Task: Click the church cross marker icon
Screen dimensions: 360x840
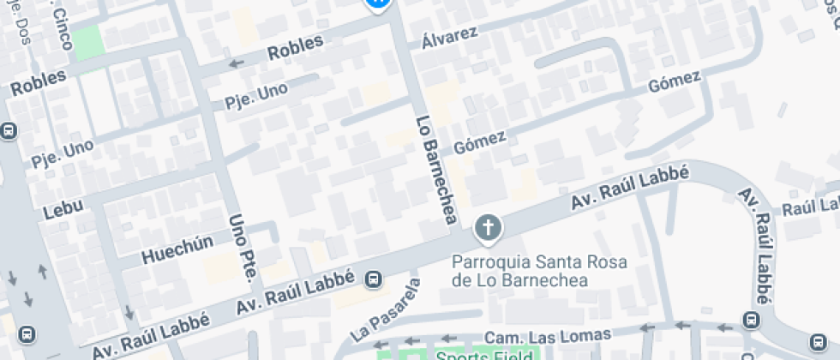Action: click(x=488, y=228)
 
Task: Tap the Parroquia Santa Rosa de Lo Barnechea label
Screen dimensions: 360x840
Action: click(x=540, y=270)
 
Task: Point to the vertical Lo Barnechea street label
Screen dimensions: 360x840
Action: click(x=433, y=169)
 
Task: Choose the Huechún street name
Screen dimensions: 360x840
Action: click(x=177, y=249)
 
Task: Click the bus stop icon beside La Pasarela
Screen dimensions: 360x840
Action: click(x=374, y=279)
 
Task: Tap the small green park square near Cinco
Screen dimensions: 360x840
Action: click(x=87, y=42)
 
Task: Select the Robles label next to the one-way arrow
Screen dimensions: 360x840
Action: click(x=296, y=49)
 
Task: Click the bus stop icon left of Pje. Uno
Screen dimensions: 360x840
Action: click(x=8, y=132)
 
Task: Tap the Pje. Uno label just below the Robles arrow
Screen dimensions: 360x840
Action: click(x=255, y=96)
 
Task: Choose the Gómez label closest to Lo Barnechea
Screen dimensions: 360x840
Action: click(x=480, y=143)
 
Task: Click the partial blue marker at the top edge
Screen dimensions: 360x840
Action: click(x=377, y=4)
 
